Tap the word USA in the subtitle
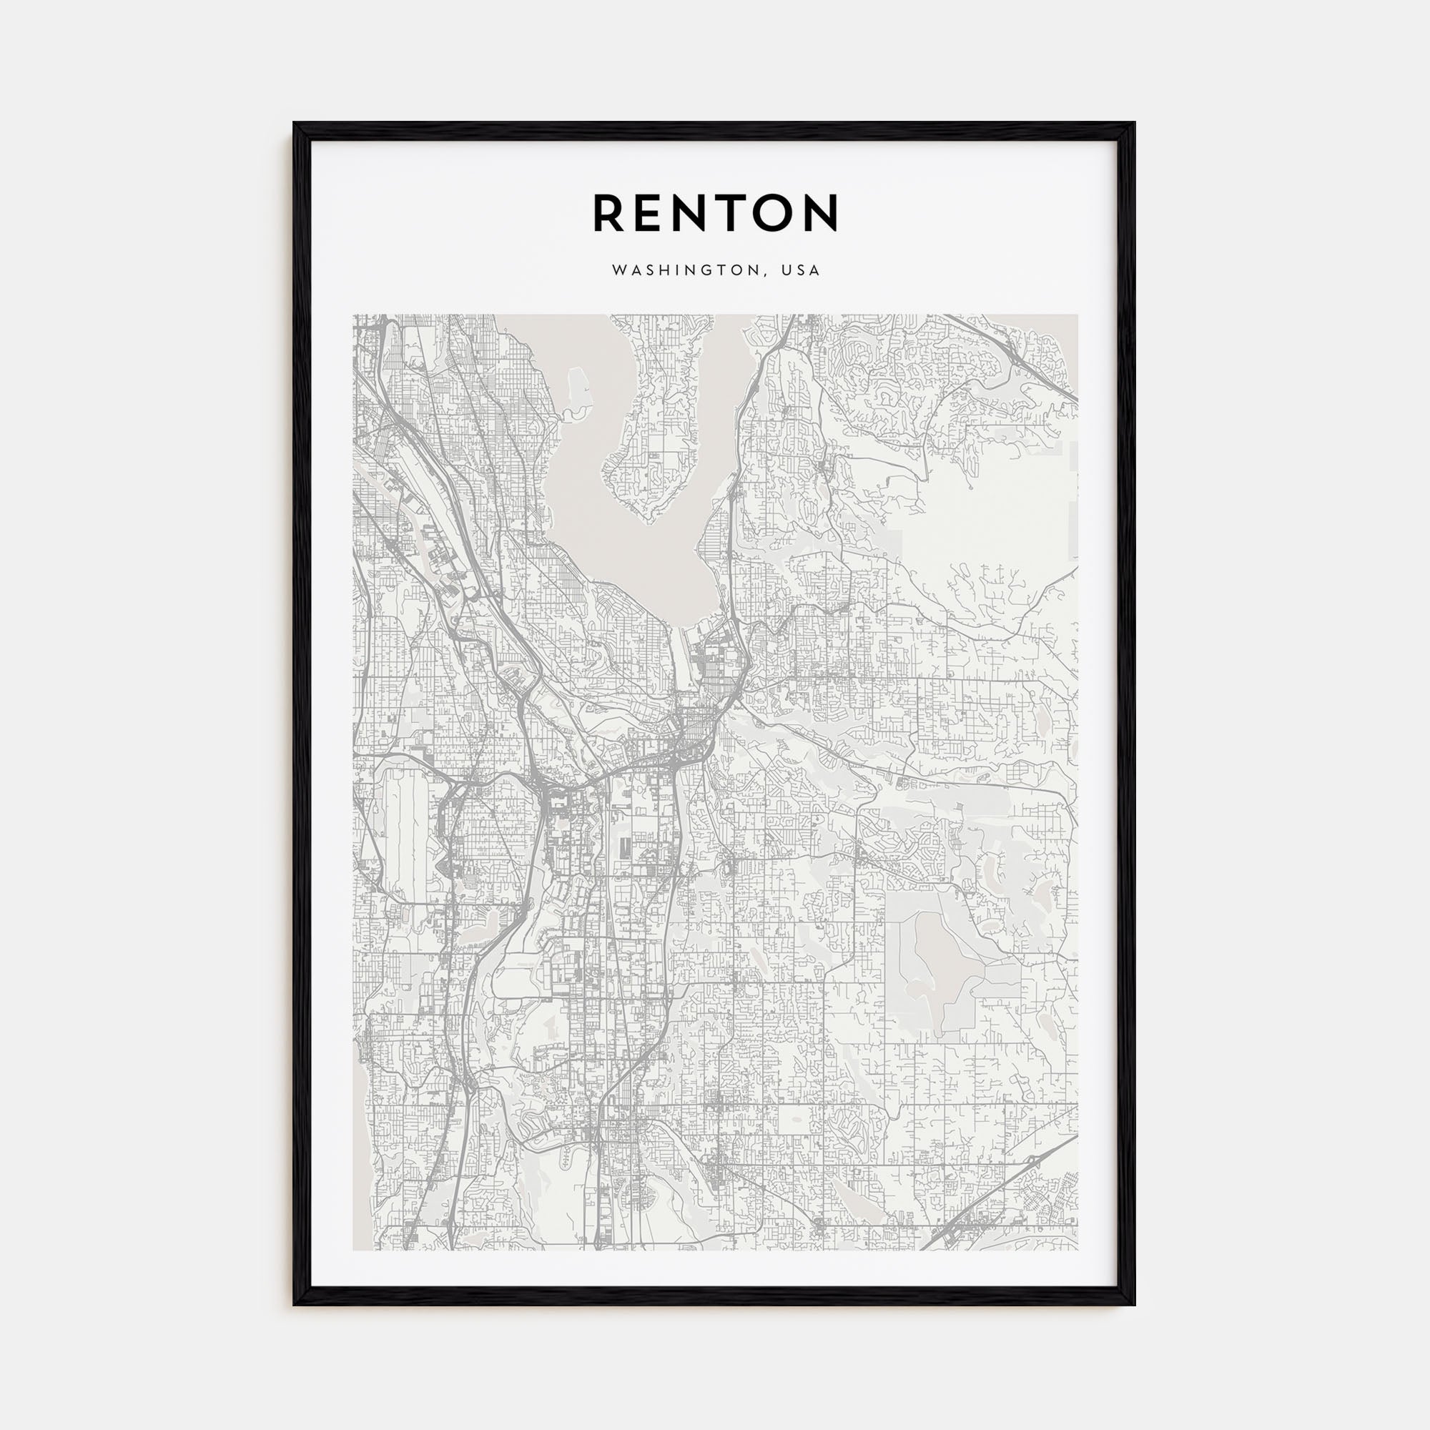tap(804, 271)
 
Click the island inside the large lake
tap(651, 437)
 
